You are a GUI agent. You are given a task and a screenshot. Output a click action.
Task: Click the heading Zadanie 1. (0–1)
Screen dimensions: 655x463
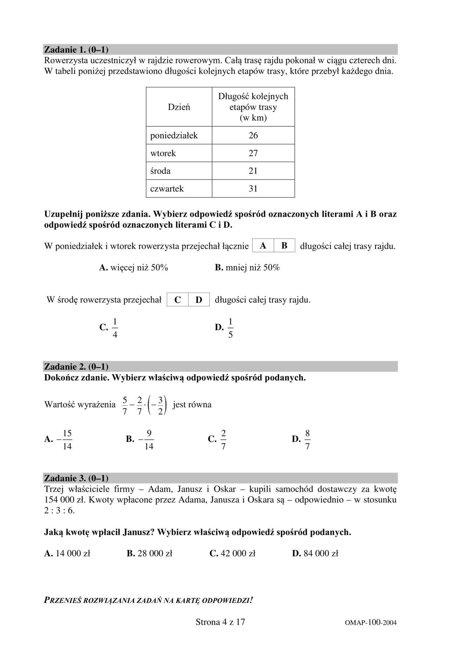pos(76,50)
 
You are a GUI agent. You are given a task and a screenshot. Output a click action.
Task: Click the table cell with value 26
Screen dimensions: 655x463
pos(253,136)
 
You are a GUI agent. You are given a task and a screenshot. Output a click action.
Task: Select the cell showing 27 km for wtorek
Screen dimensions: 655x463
pos(253,153)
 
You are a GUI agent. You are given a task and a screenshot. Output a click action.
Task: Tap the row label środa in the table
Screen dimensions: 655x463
pos(160,171)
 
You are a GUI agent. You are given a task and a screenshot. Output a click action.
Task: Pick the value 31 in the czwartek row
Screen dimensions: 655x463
pos(253,189)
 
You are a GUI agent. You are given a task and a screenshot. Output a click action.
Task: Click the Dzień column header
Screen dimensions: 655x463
pos(179,107)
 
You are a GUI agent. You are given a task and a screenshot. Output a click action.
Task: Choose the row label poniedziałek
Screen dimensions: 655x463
pos(174,136)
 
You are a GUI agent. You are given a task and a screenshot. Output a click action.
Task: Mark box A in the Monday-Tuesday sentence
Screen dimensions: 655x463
pos(263,246)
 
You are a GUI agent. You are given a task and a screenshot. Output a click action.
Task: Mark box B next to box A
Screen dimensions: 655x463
pos(284,246)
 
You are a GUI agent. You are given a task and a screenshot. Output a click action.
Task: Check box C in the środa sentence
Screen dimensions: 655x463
pos(177,300)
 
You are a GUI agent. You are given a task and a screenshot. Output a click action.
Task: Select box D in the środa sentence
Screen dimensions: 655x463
pos(199,300)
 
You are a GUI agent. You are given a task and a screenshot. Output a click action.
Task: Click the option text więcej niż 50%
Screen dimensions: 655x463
pos(139,268)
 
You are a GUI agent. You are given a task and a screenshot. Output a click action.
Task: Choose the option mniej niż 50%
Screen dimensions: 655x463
pos(252,268)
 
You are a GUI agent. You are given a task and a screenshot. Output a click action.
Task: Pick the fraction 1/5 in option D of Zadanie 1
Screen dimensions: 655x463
pos(230,328)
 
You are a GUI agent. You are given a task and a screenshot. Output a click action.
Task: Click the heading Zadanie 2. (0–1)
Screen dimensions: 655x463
pos(76,367)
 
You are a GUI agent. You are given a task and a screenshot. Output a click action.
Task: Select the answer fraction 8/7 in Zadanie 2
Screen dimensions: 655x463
pos(308,440)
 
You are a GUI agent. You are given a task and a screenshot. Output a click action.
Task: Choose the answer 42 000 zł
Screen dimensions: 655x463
pos(238,554)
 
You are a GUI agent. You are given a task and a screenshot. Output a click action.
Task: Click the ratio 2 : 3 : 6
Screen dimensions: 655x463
pos(59,511)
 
